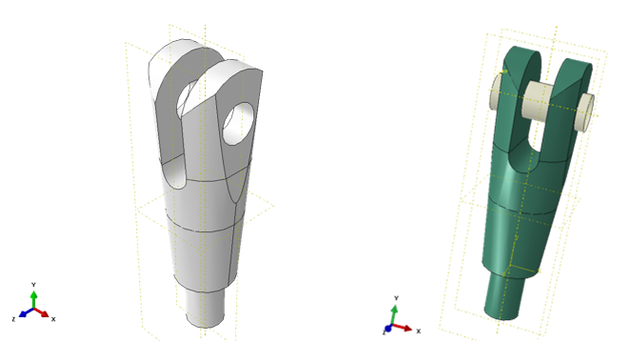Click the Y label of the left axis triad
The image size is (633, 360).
click(34, 285)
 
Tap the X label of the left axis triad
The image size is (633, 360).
click(53, 319)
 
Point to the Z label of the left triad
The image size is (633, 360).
click(13, 319)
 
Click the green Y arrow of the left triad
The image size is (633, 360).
click(34, 299)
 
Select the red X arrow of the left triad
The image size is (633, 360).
click(42, 312)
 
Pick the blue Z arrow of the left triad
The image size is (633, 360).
click(27, 312)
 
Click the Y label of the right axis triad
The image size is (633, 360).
click(396, 298)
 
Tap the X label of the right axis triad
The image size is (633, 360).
click(419, 330)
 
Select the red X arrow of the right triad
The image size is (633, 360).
click(402, 328)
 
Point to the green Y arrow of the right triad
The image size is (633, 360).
click(394, 314)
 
